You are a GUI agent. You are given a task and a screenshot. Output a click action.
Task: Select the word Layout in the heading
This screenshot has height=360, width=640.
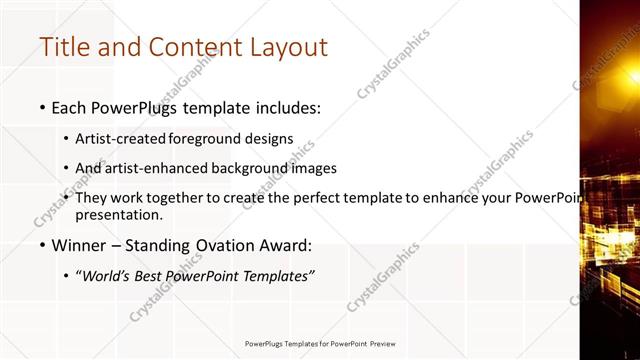pos(284,46)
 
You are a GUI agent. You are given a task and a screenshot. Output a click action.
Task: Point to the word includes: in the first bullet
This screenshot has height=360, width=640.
pos(283,106)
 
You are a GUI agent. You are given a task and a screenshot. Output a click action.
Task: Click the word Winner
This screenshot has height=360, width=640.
pos(78,245)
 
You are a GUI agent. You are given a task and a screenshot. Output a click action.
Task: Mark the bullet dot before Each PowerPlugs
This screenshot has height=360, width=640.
pos(42,107)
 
